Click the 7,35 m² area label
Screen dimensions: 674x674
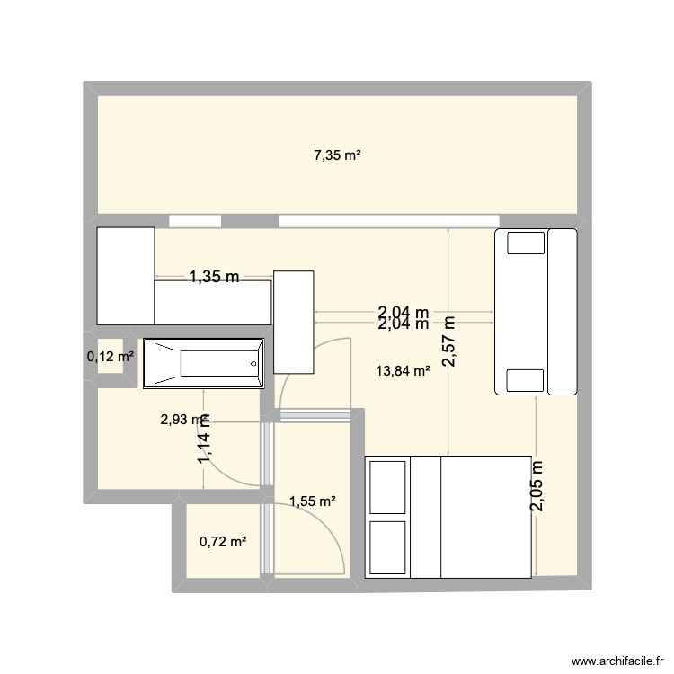pyautogui.click(x=337, y=155)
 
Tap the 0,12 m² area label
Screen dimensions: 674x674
pyautogui.click(x=111, y=357)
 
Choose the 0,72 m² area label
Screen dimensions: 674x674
pyautogui.click(x=223, y=541)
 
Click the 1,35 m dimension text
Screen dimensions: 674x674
pyautogui.click(x=213, y=278)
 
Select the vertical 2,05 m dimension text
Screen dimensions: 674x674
pyautogui.click(x=537, y=486)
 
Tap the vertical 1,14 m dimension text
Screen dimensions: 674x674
pyautogui.click(x=205, y=440)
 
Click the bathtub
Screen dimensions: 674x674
pyautogui.click(x=204, y=364)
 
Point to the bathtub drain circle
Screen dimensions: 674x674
pyautogui.click(x=253, y=364)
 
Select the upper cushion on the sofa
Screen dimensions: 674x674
pyautogui.click(x=526, y=243)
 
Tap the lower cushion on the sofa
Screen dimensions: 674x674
pyautogui.click(x=526, y=380)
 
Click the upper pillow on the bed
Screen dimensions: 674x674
pyautogui.click(x=387, y=485)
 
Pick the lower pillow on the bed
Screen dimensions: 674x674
pyautogui.click(x=387, y=546)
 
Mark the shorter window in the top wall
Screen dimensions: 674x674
pyautogui.click(x=195, y=220)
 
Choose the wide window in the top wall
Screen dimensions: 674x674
pyautogui.click(x=388, y=220)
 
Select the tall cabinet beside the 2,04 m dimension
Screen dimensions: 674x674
pyautogui.click(x=294, y=322)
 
